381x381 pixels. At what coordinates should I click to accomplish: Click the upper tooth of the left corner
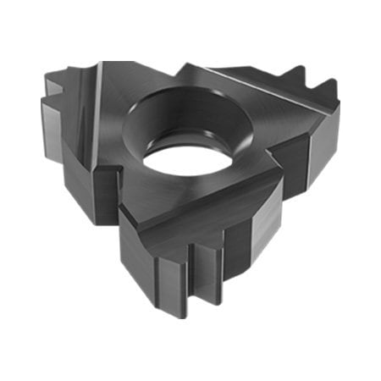click(63, 80)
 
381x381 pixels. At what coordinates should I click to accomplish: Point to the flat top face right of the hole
click(246, 135)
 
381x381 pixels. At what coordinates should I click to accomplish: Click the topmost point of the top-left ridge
click(100, 63)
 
